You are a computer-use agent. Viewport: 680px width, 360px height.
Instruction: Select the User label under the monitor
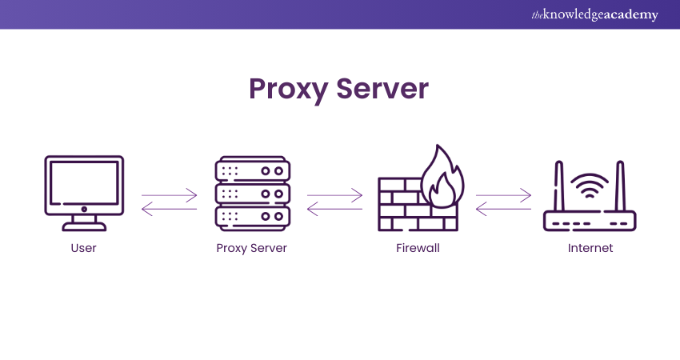83,248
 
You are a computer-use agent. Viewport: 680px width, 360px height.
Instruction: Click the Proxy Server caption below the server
251,248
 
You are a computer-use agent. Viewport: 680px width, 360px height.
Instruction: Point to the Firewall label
418,248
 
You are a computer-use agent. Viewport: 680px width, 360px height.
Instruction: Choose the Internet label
590,248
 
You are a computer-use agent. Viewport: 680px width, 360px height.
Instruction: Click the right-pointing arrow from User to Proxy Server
169,194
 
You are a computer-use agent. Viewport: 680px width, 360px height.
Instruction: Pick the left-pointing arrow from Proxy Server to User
169,209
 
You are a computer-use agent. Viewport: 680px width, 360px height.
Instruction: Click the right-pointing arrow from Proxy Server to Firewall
334,194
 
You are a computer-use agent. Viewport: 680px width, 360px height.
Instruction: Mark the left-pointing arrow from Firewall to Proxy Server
334,209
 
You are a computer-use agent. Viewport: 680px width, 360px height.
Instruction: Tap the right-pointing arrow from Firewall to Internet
504,194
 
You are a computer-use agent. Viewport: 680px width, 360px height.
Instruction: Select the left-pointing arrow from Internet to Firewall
504,209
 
